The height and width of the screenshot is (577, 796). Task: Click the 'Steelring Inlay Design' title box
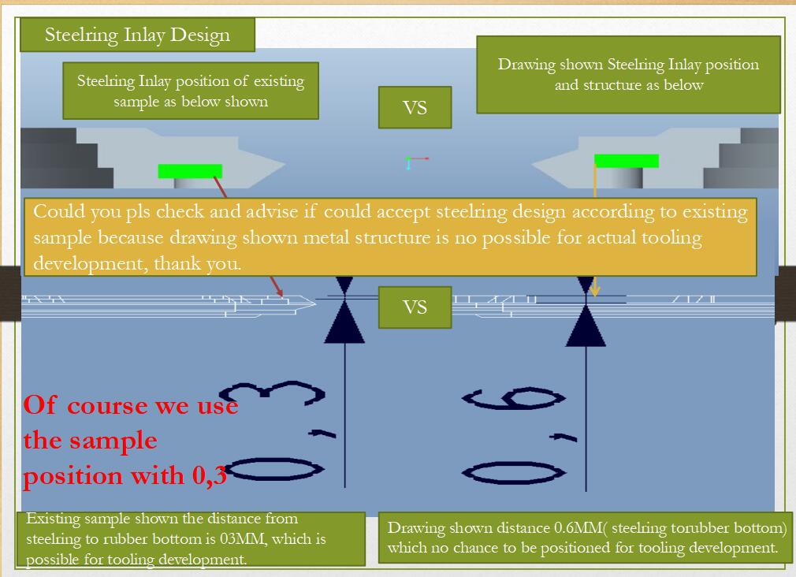click(x=137, y=35)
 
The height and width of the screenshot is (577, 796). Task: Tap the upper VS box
click(x=415, y=107)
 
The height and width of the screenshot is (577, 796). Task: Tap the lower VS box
click(x=415, y=307)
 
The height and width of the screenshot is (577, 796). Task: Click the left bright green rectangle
click(x=190, y=171)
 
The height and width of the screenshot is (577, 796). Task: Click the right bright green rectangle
click(x=627, y=161)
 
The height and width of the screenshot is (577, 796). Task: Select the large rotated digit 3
click(x=272, y=393)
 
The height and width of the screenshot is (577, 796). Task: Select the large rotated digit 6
click(x=513, y=398)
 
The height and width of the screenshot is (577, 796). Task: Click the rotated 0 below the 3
click(x=273, y=469)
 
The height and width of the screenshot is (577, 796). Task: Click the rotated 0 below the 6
click(x=514, y=473)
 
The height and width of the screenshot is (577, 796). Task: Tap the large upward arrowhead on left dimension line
click(x=344, y=322)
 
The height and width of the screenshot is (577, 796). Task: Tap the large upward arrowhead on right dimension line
click(x=586, y=326)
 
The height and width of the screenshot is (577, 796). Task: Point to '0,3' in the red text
click(x=209, y=476)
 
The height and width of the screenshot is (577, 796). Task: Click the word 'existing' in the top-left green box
click(x=279, y=81)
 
